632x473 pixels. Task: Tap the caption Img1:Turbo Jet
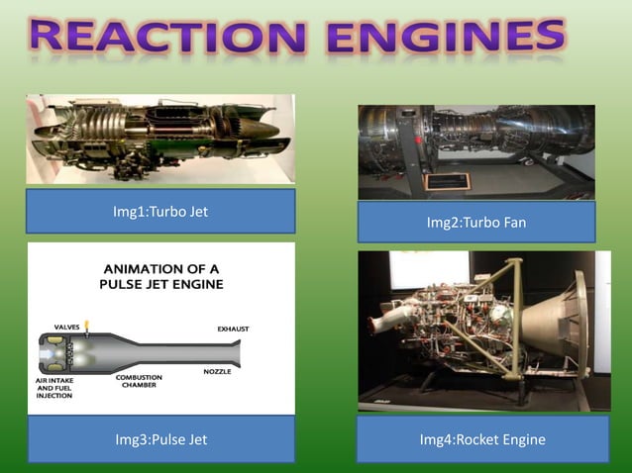pos(160,211)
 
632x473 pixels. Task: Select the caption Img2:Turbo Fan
pos(475,223)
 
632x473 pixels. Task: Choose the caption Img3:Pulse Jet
pos(160,439)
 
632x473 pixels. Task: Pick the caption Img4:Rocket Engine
pos(482,439)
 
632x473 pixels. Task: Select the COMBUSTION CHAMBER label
pos(140,381)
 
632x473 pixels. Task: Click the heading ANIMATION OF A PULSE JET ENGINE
pos(160,275)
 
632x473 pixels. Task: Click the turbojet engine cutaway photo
pos(160,139)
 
